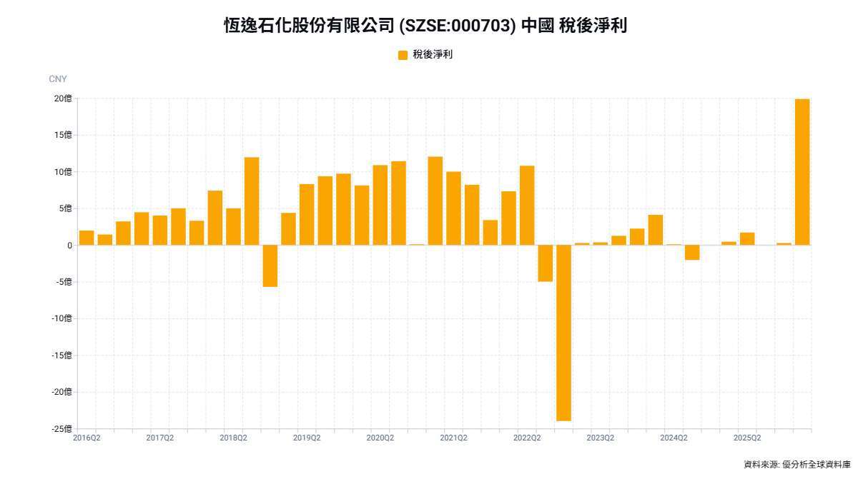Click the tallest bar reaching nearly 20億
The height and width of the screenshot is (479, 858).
coord(802,172)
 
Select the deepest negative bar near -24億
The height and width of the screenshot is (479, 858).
coord(563,333)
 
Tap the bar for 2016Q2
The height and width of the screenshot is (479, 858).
coord(87,238)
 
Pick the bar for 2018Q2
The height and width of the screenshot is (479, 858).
coord(233,227)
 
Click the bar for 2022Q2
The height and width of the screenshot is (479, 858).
coord(527,206)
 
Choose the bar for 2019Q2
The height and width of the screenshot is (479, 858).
coord(307,214)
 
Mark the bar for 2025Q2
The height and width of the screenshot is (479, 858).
coord(747,239)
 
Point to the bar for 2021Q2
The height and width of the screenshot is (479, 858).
coord(453,208)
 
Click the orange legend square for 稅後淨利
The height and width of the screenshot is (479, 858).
coord(403,55)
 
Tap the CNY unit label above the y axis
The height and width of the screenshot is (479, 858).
coord(58,79)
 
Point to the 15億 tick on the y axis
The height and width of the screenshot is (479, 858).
coord(63,135)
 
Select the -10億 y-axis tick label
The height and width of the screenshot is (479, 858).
coord(61,318)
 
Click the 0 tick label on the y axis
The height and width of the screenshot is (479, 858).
coord(70,246)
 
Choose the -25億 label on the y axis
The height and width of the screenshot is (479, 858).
coord(61,429)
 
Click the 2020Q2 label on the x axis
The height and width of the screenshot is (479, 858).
coord(380,438)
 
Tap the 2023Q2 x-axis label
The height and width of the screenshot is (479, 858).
coord(600,438)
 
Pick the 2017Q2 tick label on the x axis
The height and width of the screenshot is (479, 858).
coord(159,438)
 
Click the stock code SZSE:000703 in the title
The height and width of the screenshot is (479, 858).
coord(458,26)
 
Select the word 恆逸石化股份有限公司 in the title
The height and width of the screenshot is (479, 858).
coord(309,26)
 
